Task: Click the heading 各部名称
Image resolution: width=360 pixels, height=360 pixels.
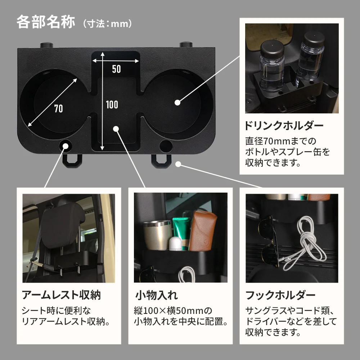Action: [45, 22]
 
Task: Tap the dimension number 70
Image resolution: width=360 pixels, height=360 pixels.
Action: [59, 108]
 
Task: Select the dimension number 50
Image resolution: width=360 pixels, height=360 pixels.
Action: [116, 69]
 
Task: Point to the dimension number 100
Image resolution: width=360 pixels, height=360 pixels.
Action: [112, 105]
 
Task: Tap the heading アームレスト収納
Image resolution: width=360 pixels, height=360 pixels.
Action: [61, 296]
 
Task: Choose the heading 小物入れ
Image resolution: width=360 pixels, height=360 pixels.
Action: [157, 296]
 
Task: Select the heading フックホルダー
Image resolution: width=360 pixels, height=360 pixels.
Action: [280, 296]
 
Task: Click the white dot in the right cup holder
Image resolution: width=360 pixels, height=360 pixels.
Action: [177, 103]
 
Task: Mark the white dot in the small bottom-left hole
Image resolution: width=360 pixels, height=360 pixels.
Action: [66, 146]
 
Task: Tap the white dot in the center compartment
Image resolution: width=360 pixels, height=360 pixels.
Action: [116, 129]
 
